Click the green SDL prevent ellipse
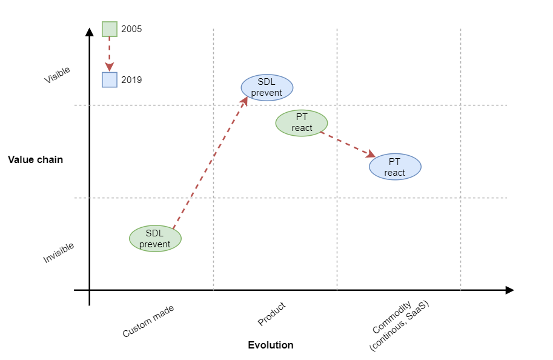click(155, 238)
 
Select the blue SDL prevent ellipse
click(267, 87)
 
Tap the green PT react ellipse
click(302, 122)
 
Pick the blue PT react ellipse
click(395, 167)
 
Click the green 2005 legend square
click(110, 29)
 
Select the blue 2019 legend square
click(110, 80)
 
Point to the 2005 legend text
click(131, 29)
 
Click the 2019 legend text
click(131, 80)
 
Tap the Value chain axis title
click(35, 160)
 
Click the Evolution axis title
click(271, 345)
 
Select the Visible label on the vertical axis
click(58, 75)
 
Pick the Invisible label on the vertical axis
click(59, 253)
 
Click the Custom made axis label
click(148, 321)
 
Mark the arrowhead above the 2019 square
click(110, 67)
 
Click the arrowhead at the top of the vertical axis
click(89, 31)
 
